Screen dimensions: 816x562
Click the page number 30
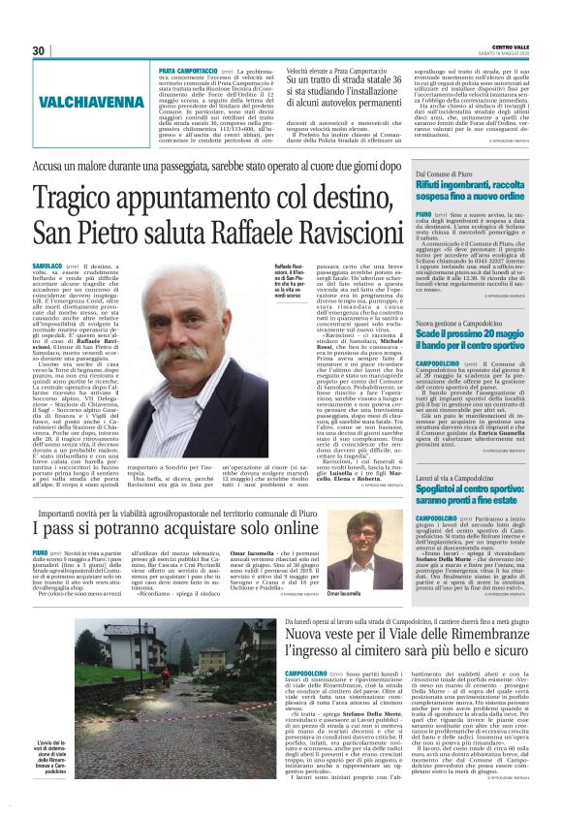point(40,50)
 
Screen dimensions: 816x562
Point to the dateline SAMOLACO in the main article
point(47,265)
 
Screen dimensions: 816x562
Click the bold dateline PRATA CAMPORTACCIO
point(188,71)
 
